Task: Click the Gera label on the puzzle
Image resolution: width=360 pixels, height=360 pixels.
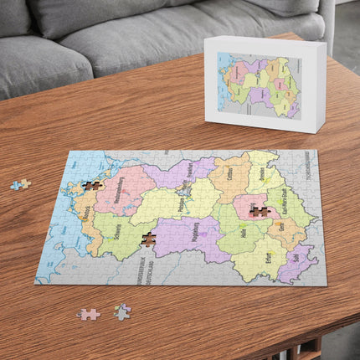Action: point(281,227)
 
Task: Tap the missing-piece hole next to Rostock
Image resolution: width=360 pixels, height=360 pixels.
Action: point(93,185)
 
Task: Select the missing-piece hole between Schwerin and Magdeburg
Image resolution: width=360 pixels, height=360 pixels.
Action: point(149,239)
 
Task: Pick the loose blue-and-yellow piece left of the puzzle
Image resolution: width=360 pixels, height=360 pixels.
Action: point(20,184)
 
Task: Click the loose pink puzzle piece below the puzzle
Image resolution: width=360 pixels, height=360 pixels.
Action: point(88,314)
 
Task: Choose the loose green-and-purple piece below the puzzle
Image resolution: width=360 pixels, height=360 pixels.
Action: point(122,311)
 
